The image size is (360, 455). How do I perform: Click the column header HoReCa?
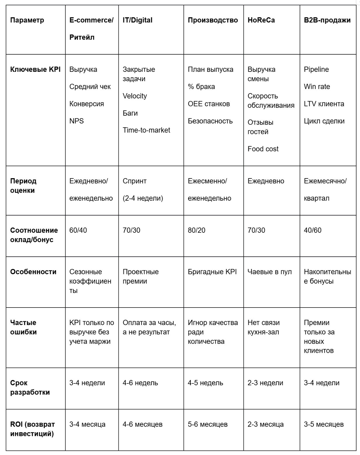[261, 20]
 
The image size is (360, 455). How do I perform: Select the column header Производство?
[213, 20]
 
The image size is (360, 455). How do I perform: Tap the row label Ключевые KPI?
[35, 70]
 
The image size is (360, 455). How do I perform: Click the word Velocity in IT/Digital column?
[134, 96]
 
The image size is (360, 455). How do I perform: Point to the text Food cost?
[263, 149]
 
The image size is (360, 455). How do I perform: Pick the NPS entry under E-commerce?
[76, 121]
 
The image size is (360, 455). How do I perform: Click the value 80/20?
[196, 230]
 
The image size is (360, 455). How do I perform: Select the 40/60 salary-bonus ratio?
[312, 230]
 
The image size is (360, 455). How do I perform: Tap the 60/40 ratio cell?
[78, 230]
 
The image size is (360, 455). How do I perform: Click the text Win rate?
[317, 87]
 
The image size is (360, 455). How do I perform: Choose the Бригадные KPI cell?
[212, 272]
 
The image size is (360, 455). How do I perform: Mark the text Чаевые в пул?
[270, 272]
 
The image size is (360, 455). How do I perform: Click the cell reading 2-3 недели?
[265, 383]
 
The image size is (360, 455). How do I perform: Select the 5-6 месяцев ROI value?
[207, 424]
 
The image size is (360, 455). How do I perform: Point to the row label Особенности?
[33, 272]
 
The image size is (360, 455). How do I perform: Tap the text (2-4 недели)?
[143, 198]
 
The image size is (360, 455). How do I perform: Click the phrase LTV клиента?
[324, 104]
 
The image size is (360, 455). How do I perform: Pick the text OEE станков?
[209, 104]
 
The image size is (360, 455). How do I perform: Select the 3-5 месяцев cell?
[324, 424]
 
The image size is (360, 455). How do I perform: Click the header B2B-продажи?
[327, 20]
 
